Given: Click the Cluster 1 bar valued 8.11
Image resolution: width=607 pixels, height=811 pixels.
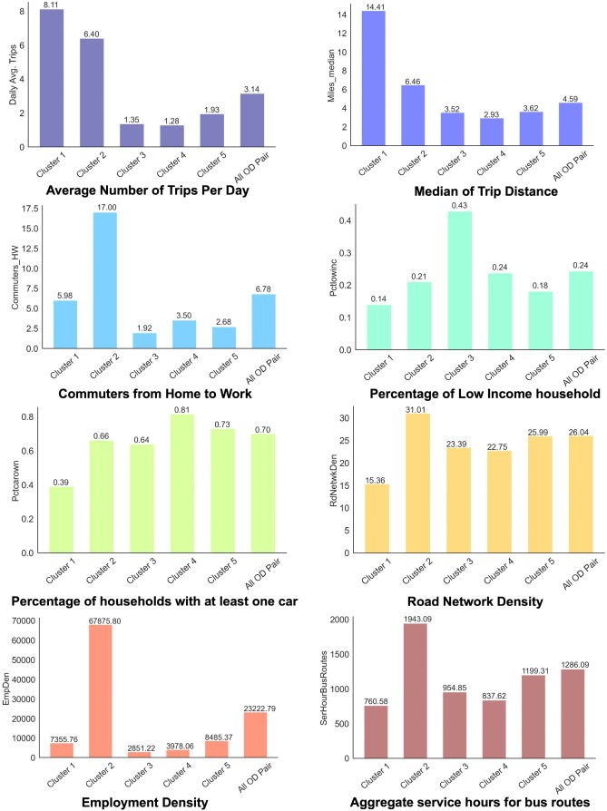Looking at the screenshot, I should pyautogui.click(x=51, y=78).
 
